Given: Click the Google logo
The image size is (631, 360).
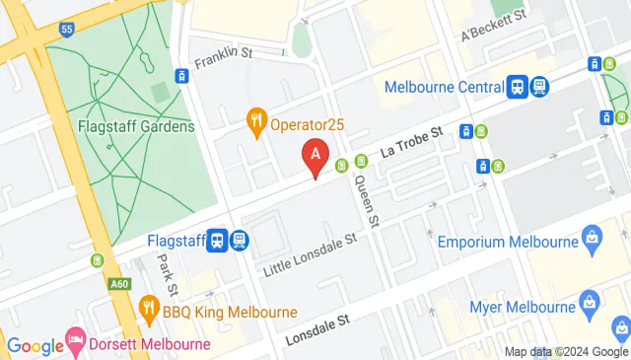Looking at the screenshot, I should point(34,345).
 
